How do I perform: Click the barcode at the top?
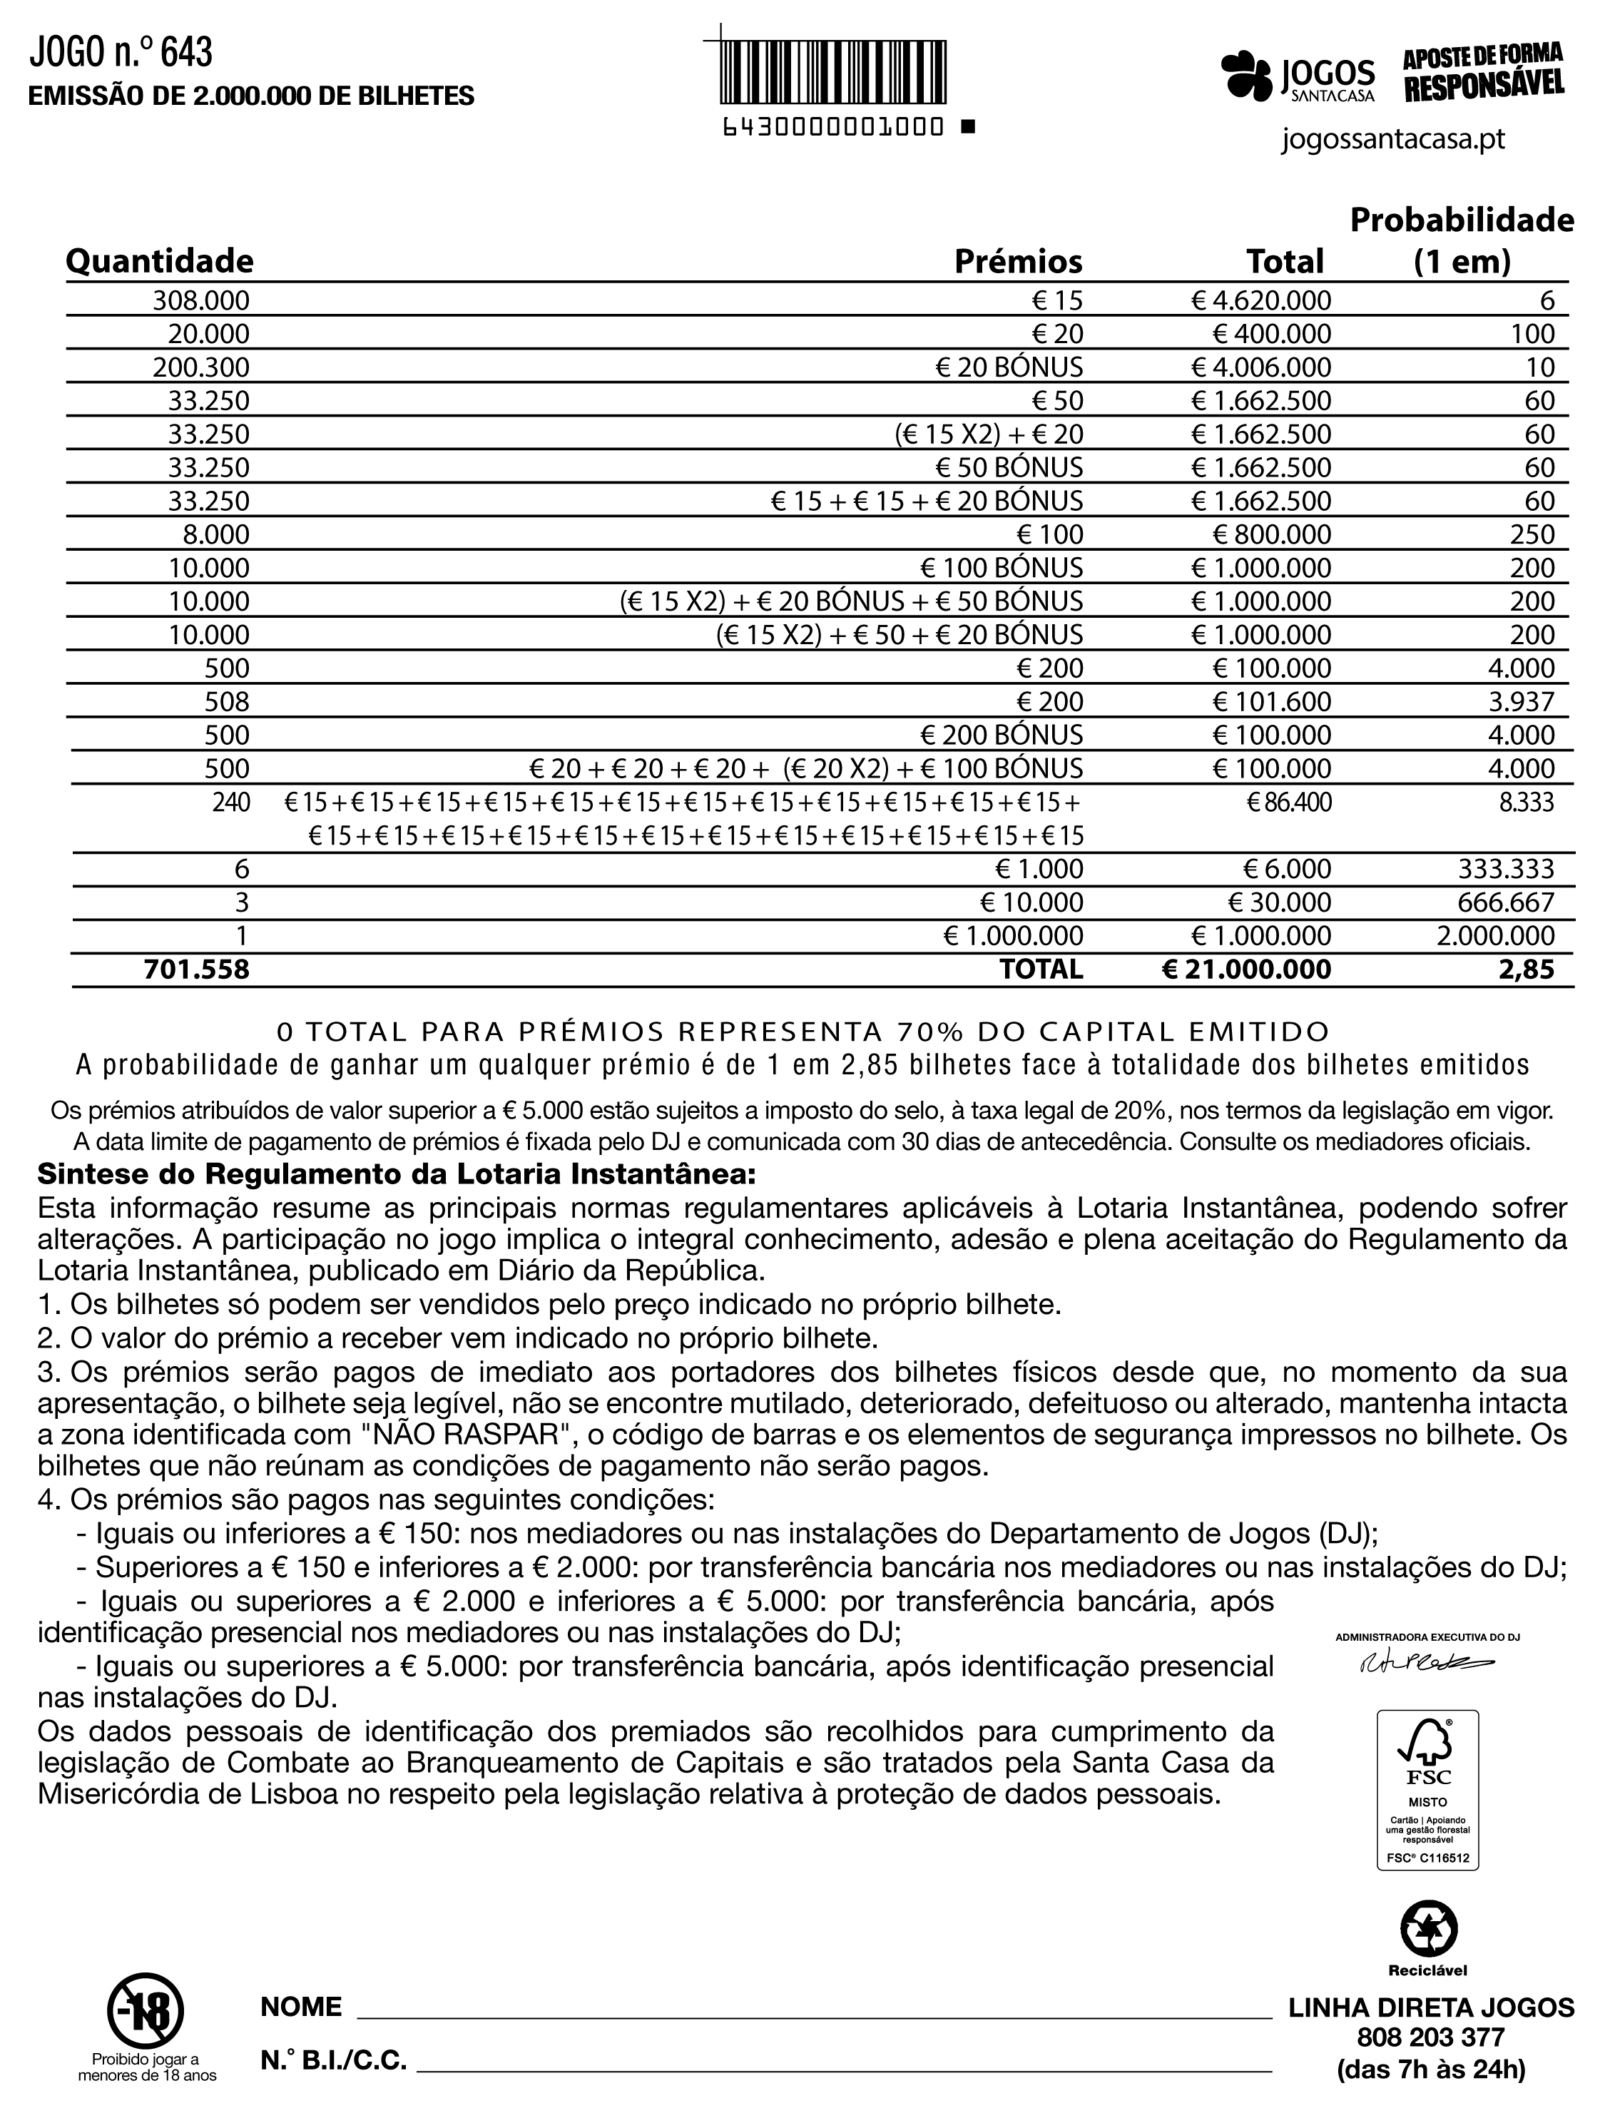coord(832,71)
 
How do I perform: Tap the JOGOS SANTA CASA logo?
coord(1297,75)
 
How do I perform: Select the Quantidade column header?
coord(159,261)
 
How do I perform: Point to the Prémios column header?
coord(1017,261)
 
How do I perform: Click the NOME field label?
coord(302,2007)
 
